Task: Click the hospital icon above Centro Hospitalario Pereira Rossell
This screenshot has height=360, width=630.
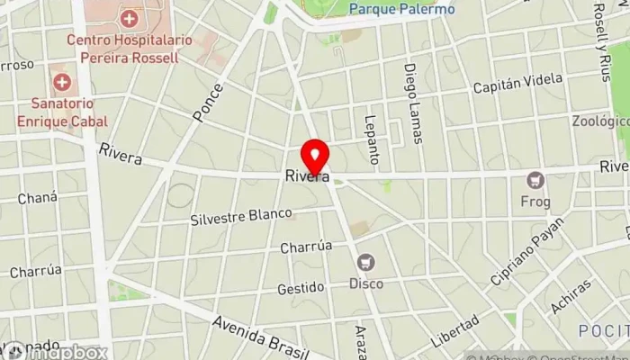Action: click(130, 18)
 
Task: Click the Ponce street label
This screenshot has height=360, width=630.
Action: click(207, 103)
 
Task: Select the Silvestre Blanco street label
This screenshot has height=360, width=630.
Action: click(241, 217)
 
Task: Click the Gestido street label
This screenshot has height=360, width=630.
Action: click(300, 288)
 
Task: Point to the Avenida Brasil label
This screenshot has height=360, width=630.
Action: click(261, 333)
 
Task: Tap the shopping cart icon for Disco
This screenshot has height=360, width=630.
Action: click(365, 262)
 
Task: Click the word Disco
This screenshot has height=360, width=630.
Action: click(365, 283)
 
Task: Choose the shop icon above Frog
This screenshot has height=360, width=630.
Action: click(537, 180)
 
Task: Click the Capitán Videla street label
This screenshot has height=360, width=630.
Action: click(510, 87)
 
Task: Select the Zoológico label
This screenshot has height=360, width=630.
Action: click(599, 121)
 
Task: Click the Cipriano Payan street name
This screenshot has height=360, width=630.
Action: click(526, 252)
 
